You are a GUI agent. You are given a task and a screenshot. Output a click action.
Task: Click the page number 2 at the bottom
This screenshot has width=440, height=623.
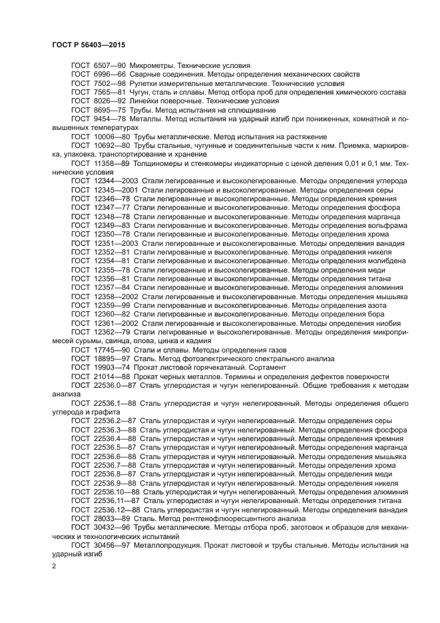(x=55, y=566)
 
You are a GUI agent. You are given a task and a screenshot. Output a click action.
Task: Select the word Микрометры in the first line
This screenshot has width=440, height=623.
(x=154, y=65)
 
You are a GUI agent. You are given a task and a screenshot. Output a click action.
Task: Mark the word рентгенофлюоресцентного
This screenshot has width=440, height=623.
(x=225, y=518)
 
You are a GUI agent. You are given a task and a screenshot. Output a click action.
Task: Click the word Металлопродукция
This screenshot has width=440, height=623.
(x=167, y=544)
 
